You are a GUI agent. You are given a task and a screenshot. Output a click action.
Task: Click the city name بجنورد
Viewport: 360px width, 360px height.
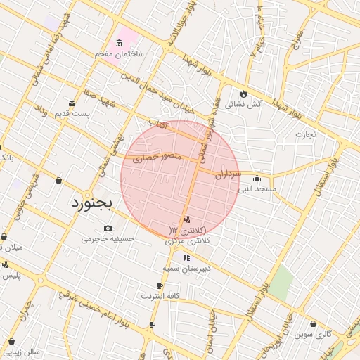(x=96, y=204)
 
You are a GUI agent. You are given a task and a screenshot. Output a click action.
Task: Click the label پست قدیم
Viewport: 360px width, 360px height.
(x=77, y=114)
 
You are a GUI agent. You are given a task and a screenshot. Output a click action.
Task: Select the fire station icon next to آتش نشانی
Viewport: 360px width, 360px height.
(x=244, y=93)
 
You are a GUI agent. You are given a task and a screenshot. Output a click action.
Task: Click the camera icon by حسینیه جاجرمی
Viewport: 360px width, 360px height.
(x=108, y=229)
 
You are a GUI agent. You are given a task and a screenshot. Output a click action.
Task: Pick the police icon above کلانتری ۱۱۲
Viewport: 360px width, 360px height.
(x=186, y=220)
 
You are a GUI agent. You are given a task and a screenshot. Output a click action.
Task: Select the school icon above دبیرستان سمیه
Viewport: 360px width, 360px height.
(x=186, y=257)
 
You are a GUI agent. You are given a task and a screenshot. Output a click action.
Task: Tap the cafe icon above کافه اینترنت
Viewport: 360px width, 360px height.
(x=160, y=285)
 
